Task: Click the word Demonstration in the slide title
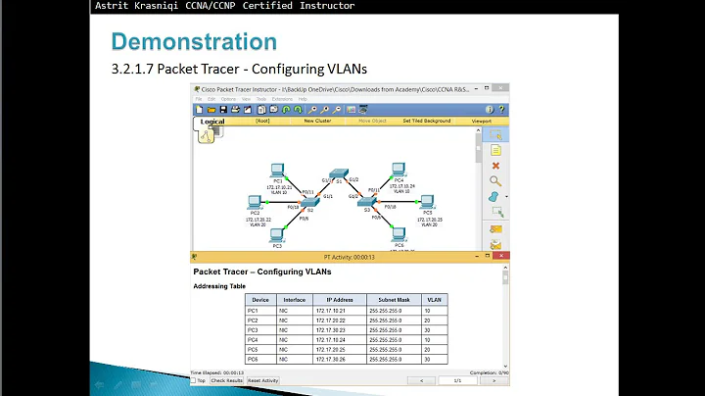pyautogui.click(x=194, y=42)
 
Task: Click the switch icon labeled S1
pyautogui.click(x=339, y=173)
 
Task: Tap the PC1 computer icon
pyautogui.click(x=277, y=170)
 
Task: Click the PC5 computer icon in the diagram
pyautogui.click(x=427, y=201)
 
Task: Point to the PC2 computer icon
pyautogui.click(x=255, y=202)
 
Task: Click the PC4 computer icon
pyautogui.click(x=399, y=170)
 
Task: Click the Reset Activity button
pyautogui.click(x=262, y=380)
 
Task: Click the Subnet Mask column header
pyautogui.click(x=393, y=300)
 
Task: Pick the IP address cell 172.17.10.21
pyautogui.click(x=331, y=311)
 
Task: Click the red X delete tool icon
pyautogui.click(x=495, y=166)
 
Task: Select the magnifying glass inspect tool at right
pyautogui.click(x=495, y=180)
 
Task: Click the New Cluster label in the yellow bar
pyautogui.click(x=316, y=121)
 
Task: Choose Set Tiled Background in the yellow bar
pyautogui.click(x=426, y=121)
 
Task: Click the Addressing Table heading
pyautogui.click(x=219, y=286)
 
